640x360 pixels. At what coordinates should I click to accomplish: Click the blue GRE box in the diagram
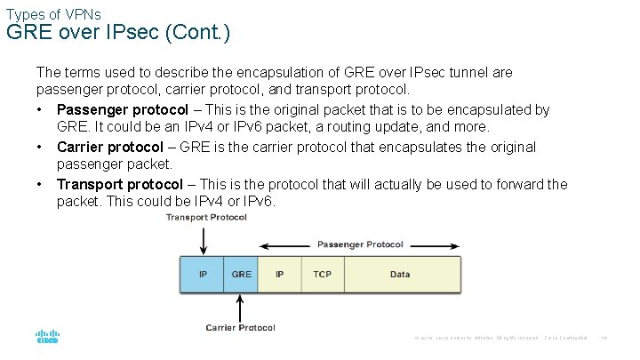coord(241,275)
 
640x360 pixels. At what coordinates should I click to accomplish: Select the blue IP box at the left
coord(203,275)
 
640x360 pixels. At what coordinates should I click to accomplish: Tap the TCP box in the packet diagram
coord(322,275)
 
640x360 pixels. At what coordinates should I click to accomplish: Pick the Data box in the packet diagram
coord(400,275)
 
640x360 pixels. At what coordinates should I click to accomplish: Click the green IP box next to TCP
coord(280,275)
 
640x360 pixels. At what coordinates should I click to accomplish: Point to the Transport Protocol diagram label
coord(206,218)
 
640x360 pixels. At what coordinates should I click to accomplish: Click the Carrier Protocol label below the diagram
coord(240,328)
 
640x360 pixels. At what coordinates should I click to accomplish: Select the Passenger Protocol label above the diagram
coord(360,244)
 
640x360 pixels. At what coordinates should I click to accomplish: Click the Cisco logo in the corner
coord(47,337)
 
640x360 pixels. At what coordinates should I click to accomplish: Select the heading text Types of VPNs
coord(53,14)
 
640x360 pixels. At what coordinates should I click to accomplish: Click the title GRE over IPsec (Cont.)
coord(118,34)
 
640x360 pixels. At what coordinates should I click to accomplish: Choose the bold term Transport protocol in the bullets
coord(120,184)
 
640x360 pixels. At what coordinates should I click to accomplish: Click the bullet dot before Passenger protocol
coord(41,109)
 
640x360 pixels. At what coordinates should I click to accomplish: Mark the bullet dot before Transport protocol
coord(41,184)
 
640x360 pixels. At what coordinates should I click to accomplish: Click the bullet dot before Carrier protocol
coord(41,147)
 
